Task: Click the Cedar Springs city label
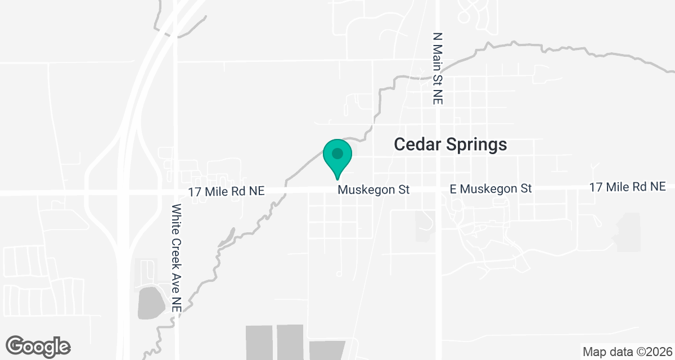pos(450,145)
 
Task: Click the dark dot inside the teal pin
pos(337,153)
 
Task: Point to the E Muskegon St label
pos(490,189)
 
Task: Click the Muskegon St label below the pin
pos(373,190)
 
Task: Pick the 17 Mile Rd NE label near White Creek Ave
pos(226,191)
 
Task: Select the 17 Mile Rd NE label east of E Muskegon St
pos(627,186)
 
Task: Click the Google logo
pos(38,346)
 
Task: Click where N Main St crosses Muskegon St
pos(438,190)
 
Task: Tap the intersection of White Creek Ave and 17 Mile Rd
pos(176,191)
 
